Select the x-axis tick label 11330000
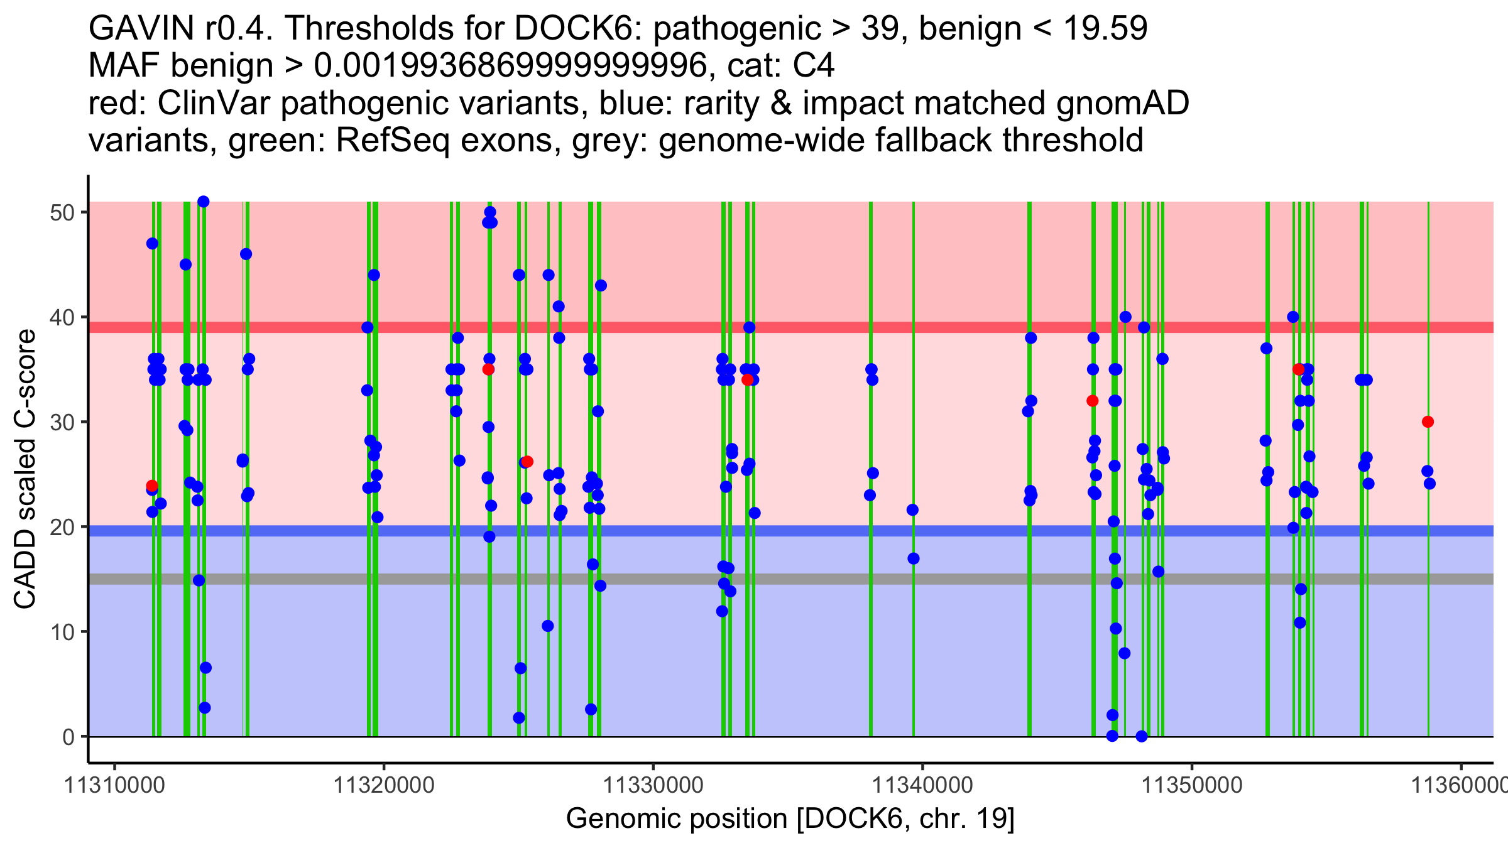coord(653,785)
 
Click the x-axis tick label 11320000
coord(383,785)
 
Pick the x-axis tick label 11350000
coord(1191,785)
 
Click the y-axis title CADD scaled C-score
coord(25,469)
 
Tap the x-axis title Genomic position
coord(790,819)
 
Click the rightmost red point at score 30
coord(1428,421)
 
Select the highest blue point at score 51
coord(203,202)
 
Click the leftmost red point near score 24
coord(152,486)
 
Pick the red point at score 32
coord(1092,401)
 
